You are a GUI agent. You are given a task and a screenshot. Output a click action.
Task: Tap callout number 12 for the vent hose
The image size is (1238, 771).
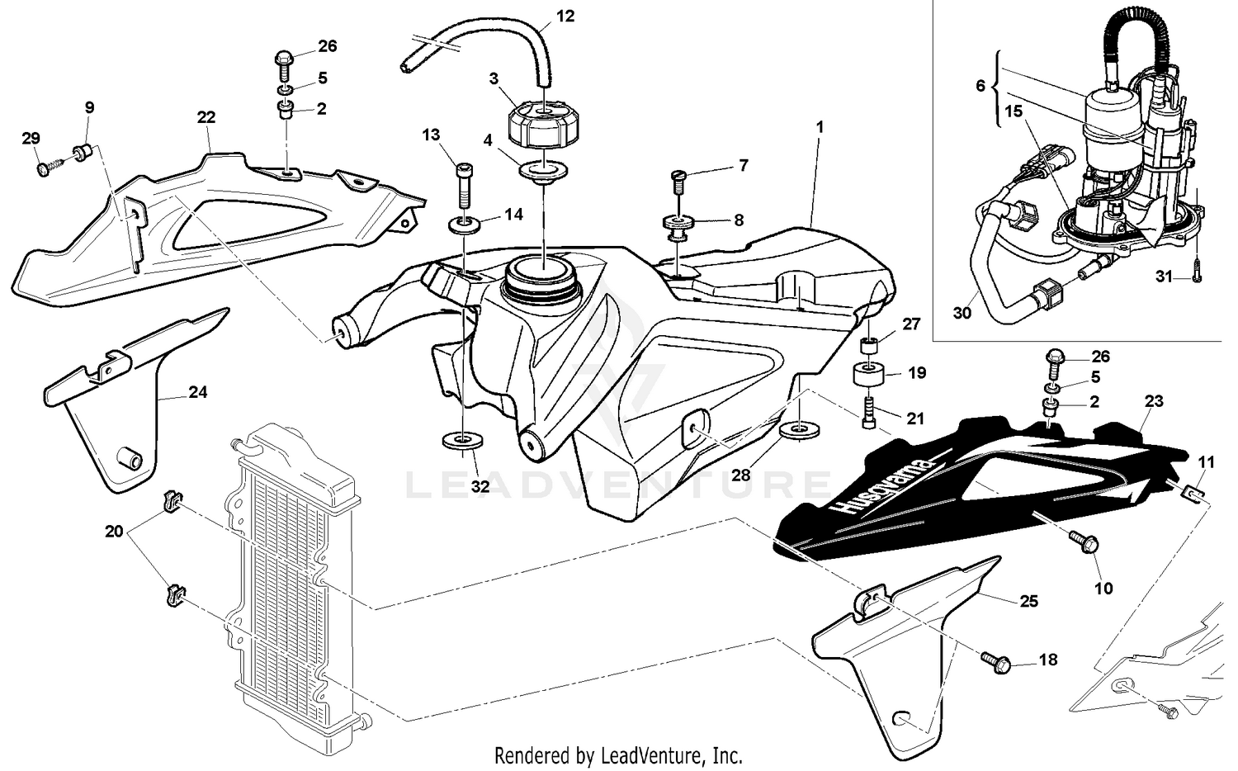(x=566, y=16)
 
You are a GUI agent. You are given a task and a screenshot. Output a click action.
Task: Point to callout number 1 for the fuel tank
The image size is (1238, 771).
(x=820, y=128)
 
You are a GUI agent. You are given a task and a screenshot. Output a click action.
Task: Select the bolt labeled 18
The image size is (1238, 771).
(x=993, y=658)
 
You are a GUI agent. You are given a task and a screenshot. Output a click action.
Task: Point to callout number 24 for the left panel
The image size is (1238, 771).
(x=198, y=392)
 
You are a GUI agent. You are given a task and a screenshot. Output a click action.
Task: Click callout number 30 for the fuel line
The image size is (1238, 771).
(x=962, y=314)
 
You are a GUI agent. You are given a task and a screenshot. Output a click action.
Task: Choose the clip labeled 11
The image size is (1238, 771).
(x=1192, y=493)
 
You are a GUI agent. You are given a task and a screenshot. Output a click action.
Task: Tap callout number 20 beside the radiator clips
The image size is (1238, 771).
(x=114, y=532)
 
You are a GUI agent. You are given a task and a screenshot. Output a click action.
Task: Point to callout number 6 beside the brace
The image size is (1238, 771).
(x=980, y=85)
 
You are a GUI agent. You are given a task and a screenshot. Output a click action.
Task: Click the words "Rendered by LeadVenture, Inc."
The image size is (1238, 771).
(x=618, y=754)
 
